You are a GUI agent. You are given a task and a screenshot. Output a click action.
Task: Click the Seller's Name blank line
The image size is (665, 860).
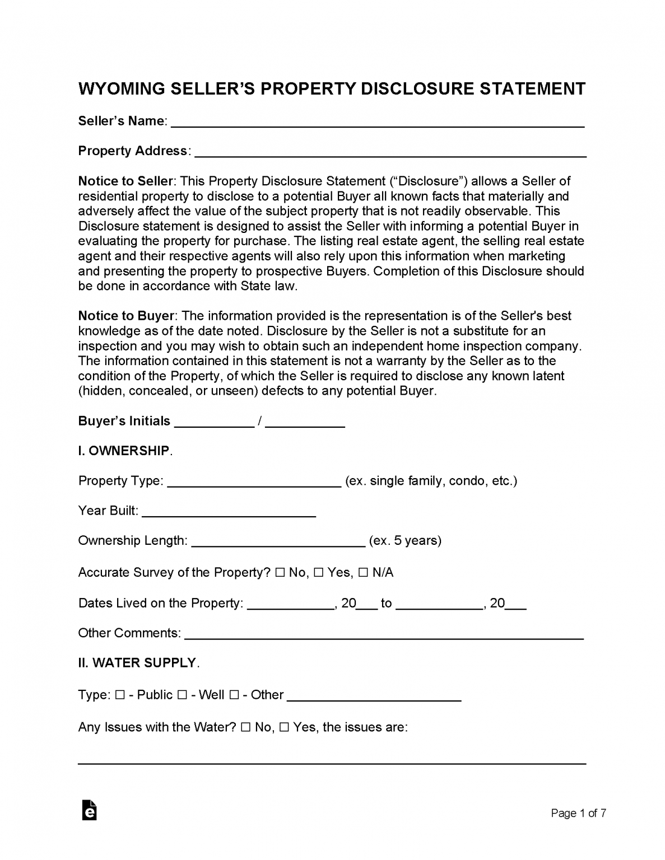[x=377, y=122]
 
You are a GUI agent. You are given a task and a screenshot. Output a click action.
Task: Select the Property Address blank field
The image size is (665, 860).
[x=390, y=152]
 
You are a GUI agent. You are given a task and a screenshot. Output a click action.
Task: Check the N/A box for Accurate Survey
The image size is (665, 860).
[x=363, y=573]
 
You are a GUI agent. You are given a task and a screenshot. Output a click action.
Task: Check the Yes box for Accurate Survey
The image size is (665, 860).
[x=318, y=573]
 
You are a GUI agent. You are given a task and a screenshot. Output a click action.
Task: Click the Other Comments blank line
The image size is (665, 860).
[x=384, y=634]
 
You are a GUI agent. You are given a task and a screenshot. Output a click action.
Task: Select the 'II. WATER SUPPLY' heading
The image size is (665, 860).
[x=137, y=663]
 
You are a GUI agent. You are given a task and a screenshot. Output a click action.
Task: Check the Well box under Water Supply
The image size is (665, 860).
[x=182, y=695]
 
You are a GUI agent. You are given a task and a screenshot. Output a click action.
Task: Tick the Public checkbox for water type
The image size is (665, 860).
[x=120, y=695]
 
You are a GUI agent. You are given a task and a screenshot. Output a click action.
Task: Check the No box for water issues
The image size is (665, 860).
[x=245, y=728]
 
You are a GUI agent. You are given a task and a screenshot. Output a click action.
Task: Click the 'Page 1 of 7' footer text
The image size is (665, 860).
[x=578, y=814]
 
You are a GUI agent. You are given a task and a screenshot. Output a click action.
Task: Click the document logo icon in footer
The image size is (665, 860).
[x=89, y=810]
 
